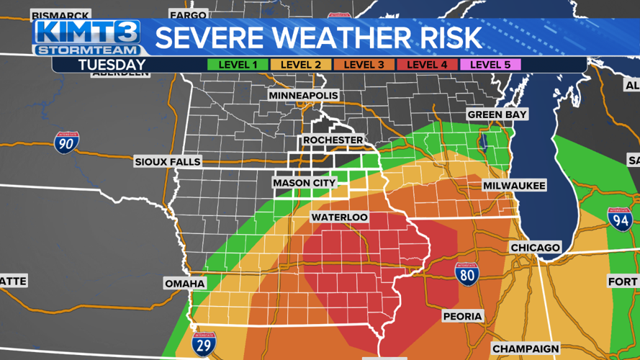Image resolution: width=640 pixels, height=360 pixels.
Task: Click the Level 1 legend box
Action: (238, 65)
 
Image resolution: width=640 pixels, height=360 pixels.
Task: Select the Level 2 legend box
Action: (301, 65)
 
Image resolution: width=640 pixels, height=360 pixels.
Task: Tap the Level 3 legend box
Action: (364, 65)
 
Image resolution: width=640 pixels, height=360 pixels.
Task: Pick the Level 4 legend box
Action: (427, 65)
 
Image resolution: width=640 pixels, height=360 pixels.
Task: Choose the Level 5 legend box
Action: (490, 65)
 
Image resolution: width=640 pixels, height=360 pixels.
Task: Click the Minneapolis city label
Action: (303, 96)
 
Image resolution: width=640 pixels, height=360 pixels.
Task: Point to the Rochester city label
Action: (333, 140)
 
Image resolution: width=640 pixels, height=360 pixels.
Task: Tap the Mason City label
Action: (304, 183)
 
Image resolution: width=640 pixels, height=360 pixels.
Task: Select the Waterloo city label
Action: (339, 217)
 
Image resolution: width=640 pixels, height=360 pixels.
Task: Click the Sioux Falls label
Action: (168, 162)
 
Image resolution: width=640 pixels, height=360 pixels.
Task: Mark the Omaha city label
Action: (185, 283)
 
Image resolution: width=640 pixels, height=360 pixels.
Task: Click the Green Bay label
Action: (497, 114)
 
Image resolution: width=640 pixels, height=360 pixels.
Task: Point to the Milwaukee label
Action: (514, 186)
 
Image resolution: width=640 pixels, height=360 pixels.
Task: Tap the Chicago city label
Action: (535, 248)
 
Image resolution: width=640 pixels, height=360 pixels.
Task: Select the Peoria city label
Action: (463, 316)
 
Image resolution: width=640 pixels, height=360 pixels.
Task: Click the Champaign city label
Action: (526, 348)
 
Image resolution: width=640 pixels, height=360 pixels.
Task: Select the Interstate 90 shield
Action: (66, 143)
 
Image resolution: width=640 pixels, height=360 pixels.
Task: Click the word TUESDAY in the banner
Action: (112, 65)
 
